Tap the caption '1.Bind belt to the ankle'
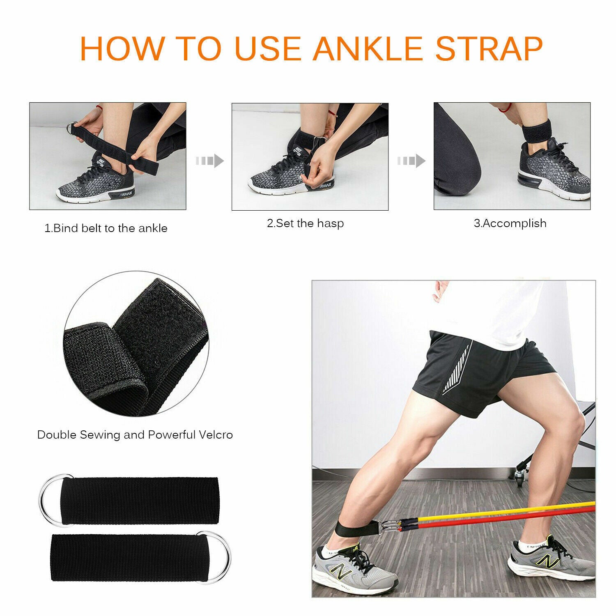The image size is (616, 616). tap(106, 228)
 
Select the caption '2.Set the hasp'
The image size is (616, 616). tap(305, 223)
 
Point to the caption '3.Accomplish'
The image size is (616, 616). tap(510, 223)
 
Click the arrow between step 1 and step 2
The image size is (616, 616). tap(210, 161)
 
